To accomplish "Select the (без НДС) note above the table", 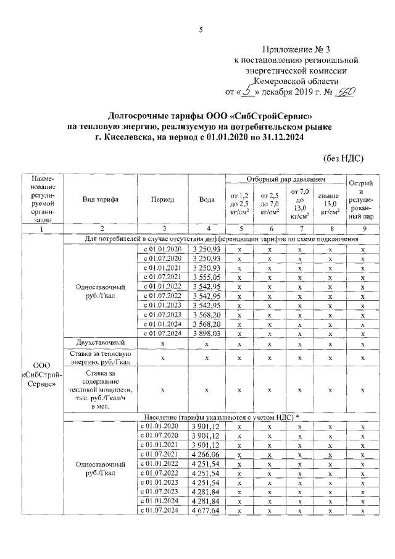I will [x=343, y=158].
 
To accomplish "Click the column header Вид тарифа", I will [x=101, y=200].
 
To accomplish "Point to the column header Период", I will [x=162, y=200].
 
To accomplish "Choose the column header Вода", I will [x=207, y=200].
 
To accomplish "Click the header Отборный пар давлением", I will [x=286, y=179].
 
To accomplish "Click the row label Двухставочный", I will [x=101, y=342].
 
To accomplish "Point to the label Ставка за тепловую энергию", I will [x=101, y=357].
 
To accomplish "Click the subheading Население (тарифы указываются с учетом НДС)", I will [x=220, y=417].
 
